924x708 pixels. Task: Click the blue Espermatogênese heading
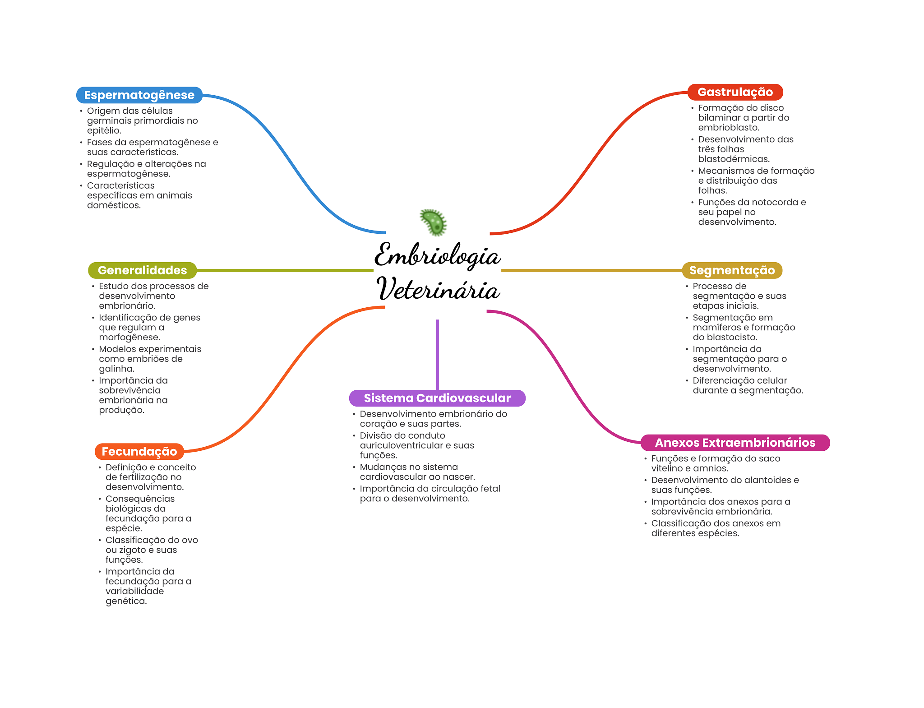pos(139,95)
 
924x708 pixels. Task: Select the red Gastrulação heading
pos(735,92)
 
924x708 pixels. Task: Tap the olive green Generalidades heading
pos(142,270)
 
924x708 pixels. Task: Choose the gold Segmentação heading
pos(732,270)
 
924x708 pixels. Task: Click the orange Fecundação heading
pos(139,451)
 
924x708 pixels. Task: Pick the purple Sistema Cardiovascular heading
pos(437,398)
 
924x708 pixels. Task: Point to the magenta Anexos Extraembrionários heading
pos(735,443)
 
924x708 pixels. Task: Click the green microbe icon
pos(434,222)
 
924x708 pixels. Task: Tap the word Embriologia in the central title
pos(437,255)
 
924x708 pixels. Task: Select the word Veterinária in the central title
pos(438,289)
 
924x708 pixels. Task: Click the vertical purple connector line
pos(437,354)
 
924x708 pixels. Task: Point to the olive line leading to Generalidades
pos(284,270)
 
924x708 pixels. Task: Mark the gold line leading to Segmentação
pos(591,270)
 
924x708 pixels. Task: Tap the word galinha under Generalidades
pos(116,369)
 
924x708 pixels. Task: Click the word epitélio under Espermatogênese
pos(104,130)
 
